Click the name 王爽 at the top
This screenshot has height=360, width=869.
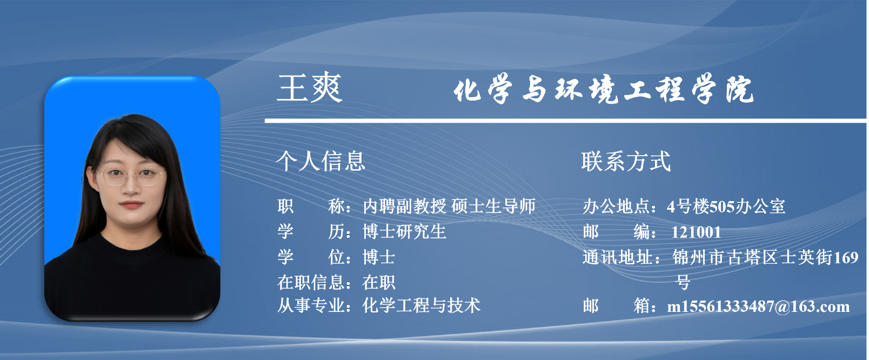pos(310,88)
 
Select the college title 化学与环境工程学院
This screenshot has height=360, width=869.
pos(604,89)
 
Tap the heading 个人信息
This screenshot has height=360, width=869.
pos(321,162)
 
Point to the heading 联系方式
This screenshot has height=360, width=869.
pos(626,162)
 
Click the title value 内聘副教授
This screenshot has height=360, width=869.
pos(404,206)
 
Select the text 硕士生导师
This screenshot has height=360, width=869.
pos(493,206)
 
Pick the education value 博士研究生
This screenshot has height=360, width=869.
pos(404,231)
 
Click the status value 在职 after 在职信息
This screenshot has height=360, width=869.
pos(379,282)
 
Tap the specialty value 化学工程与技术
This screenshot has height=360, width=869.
pos(422,306)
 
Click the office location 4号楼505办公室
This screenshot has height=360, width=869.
pos(726,206)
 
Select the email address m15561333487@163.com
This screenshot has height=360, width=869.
pos(758,307)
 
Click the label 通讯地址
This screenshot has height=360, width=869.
pos(617,257)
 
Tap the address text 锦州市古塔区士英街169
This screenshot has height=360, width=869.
pos(765,257)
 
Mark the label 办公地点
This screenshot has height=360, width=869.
pos(617,206)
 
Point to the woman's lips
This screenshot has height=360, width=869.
pos(131,204)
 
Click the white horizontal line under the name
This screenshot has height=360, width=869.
pos(566,121)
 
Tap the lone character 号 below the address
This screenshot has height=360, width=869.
pos(683,282)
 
